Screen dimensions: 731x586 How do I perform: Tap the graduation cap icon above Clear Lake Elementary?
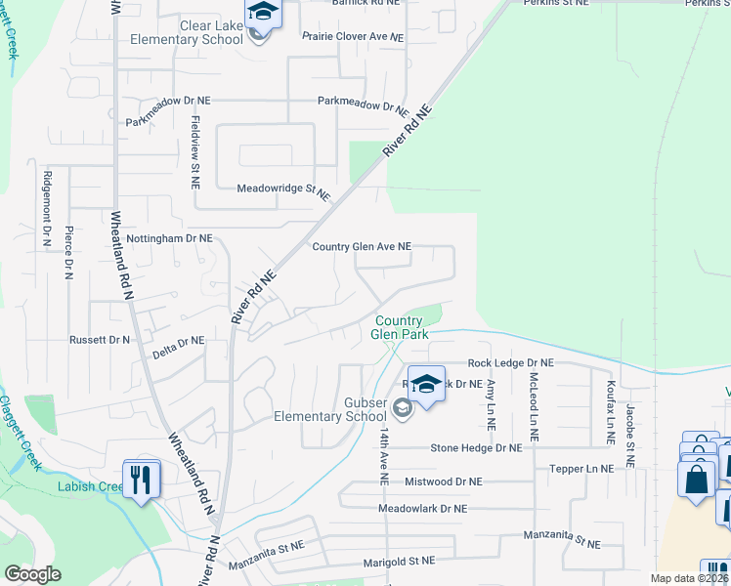click(x=263, y=12)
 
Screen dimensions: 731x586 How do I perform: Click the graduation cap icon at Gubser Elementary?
click(x=426, y=382)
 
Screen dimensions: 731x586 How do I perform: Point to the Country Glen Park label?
click(x=399, y=327)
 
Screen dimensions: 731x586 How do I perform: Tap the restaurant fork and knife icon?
click(x=143, y=479)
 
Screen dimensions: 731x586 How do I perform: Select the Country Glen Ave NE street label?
click(x=362, y=247)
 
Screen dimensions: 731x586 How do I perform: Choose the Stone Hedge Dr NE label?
click(x=477, y=448)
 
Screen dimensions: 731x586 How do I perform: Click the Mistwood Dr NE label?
click(x=443, y=481)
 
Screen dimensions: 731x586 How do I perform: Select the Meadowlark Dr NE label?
click(x=423, y=509)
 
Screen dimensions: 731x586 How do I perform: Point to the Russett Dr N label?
click(x=99, y=340)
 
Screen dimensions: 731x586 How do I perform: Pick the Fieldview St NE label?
click(x=195, y=150)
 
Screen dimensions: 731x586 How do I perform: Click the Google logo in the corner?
click(x=32, y=574)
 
